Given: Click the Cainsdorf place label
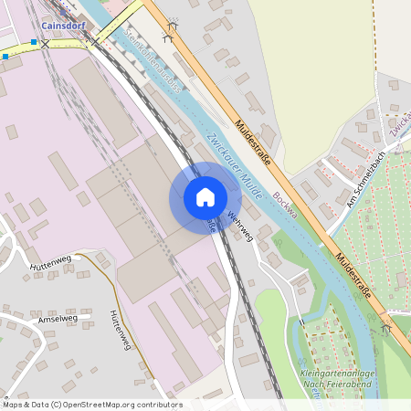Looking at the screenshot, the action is pos(63,26).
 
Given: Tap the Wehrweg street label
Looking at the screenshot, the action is pos(239,227).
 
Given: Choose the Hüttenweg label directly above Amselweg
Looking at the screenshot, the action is pos(49,265).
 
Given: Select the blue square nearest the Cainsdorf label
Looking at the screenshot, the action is pos(35,42).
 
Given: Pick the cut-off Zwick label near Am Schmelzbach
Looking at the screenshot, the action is pos(399,126).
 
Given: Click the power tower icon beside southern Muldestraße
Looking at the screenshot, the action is pos(386,327).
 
